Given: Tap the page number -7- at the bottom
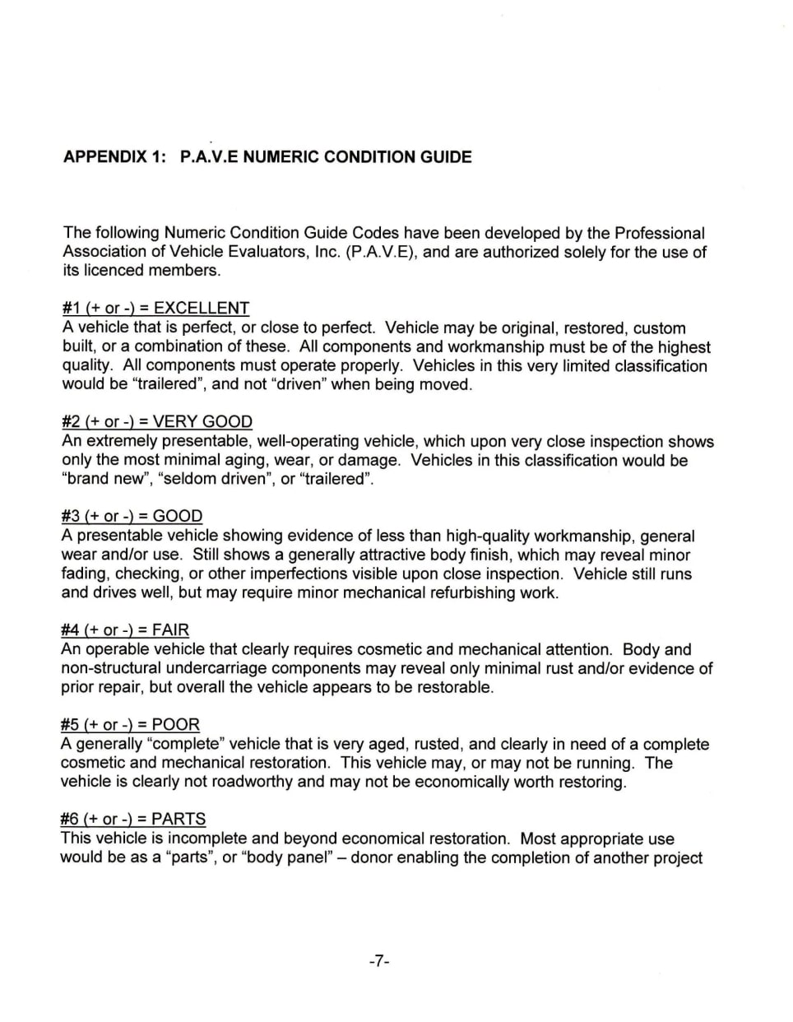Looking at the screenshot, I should [378, 960].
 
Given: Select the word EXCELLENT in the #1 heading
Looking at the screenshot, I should [202, 309].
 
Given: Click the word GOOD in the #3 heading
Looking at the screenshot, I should [178, 517].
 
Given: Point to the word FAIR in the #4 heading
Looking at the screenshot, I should [170, 630].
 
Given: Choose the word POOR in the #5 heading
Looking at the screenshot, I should [176, 725].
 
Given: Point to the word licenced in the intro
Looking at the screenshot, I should [115, 271].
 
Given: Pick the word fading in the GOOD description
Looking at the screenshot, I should [85, 574].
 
